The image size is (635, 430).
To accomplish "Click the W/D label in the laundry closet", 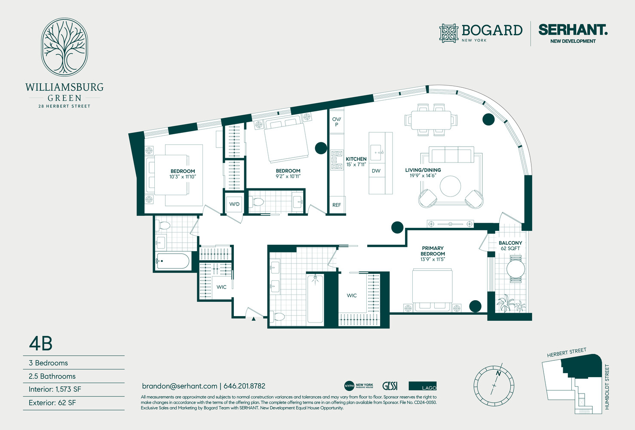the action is [x=234, y=204].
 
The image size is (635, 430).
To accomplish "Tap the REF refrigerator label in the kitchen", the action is [x=337, y=205].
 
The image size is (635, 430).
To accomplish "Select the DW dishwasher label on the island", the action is [x=376, y=171].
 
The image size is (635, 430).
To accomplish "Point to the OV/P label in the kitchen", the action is [x=337, y=122].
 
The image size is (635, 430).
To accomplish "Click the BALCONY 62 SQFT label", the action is [x=510, y=246].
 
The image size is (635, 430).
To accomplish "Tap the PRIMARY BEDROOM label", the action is [x=433, y=251].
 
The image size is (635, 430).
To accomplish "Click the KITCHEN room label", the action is [x=356, y=159].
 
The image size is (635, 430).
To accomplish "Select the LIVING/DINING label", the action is [x=423, y=170].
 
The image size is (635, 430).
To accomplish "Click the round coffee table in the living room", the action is [x=450, y=186].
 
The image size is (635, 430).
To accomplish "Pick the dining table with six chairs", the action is [x=431, y=120].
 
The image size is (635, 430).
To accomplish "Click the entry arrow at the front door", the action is [x=254, y=319].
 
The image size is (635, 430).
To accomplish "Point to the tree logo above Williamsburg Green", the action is [x=64, y=47].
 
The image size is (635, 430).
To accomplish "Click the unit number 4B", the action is [x=41, y=344].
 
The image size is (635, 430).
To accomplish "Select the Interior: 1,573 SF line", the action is [x=55, y=389].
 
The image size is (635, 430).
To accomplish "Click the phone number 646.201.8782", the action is [x=244, y=386].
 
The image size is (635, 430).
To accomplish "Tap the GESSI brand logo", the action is [x=390, y=386].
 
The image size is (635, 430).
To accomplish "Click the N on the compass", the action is [x=498, y=374].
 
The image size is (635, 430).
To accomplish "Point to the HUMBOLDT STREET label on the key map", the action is [x=607, y=387].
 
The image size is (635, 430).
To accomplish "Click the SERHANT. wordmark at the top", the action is [x=573, y=30].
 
